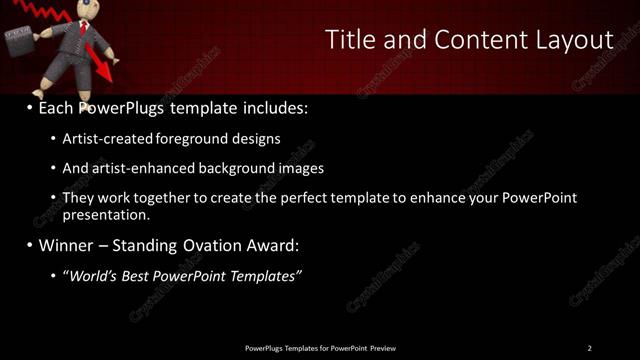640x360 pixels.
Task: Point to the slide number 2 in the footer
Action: (x=589, y=348)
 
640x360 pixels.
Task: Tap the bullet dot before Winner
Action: (x=30, y=245)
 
